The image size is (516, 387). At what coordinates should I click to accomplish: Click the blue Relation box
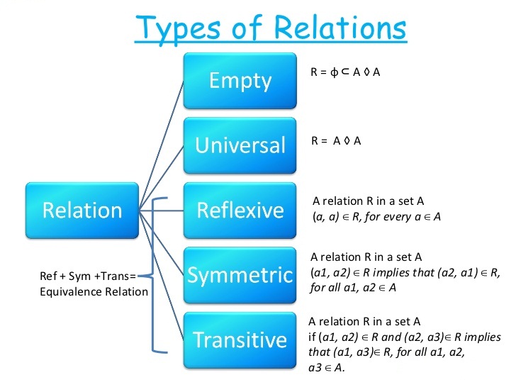coord(82,210)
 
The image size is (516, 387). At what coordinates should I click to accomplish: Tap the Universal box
coord(240,145)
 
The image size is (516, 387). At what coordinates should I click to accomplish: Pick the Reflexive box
coord(240,210)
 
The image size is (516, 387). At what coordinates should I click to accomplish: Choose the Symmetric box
coord(240,274)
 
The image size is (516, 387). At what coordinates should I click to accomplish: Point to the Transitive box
coord(240,340)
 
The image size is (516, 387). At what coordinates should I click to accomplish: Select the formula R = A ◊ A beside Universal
coord(336,140)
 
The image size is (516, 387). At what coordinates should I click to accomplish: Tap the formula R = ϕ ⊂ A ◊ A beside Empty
coord(346,72)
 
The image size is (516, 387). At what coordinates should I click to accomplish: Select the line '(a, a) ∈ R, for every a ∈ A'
coord(376,217)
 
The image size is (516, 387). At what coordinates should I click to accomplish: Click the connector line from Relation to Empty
coord(163,142)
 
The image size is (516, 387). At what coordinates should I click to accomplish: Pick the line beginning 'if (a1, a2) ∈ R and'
coord(404,337)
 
